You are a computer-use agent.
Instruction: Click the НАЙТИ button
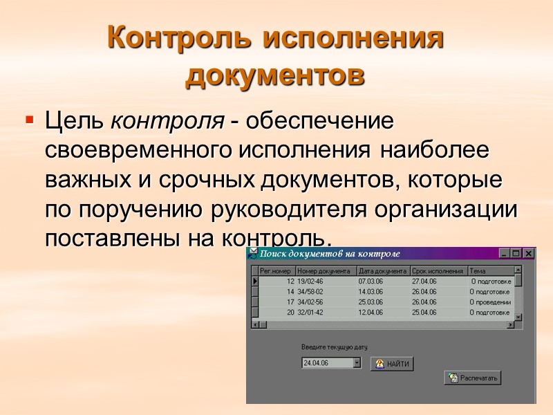[x=392, y=364]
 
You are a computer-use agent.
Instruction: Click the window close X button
[x=529, y=254]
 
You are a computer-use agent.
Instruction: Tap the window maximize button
[x=517, y=254]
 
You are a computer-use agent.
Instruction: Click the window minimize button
[x=505, y=254]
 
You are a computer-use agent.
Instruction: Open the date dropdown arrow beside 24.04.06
[x=357, y=363]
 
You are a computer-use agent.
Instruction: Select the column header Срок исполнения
[x=438, y=271]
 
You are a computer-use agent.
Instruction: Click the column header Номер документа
[x=325, y=271]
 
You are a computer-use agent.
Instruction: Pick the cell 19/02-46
[x=310, y=282]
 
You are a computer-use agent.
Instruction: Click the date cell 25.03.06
[x=371, y=302]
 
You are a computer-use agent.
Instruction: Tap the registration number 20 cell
[x=290, y=313]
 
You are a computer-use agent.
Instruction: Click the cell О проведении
[x=490, y=302]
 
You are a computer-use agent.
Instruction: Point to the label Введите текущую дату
[x=335, y=347]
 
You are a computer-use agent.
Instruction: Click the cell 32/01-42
[x=310, y=313]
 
